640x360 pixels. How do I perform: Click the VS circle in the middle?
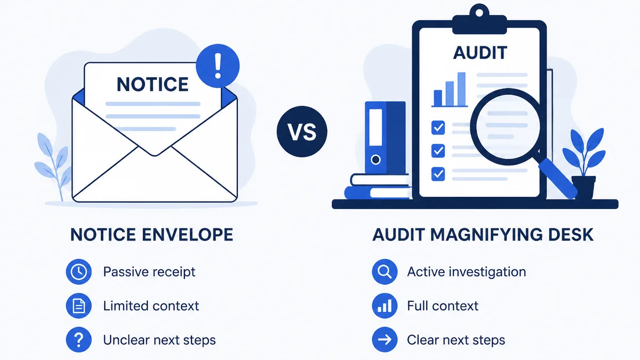[302, 131]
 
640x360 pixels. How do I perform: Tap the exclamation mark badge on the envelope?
[218, 66]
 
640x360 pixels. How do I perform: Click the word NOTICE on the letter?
[153, 84]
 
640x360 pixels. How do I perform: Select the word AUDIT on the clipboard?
[480, 53]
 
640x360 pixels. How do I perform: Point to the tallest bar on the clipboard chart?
[461, 89]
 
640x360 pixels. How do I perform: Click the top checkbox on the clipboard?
[438, 127]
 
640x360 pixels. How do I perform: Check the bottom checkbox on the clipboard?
[438, 174]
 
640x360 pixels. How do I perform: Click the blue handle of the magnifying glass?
[557, 178]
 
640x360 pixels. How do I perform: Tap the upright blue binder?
[385, 138]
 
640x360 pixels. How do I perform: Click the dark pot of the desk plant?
[583, 187]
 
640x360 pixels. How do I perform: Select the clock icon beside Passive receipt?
[79, 271]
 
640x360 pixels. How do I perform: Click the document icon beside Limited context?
[79, 306]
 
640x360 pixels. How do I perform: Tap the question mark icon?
[79, 340]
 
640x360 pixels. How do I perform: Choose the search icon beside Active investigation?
[385, 271]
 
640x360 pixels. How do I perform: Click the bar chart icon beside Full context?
[385, 306]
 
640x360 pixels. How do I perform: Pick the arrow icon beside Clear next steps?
[385, 340]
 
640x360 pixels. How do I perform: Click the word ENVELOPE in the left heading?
[187, 235]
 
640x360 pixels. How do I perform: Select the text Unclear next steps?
[159, 340]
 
